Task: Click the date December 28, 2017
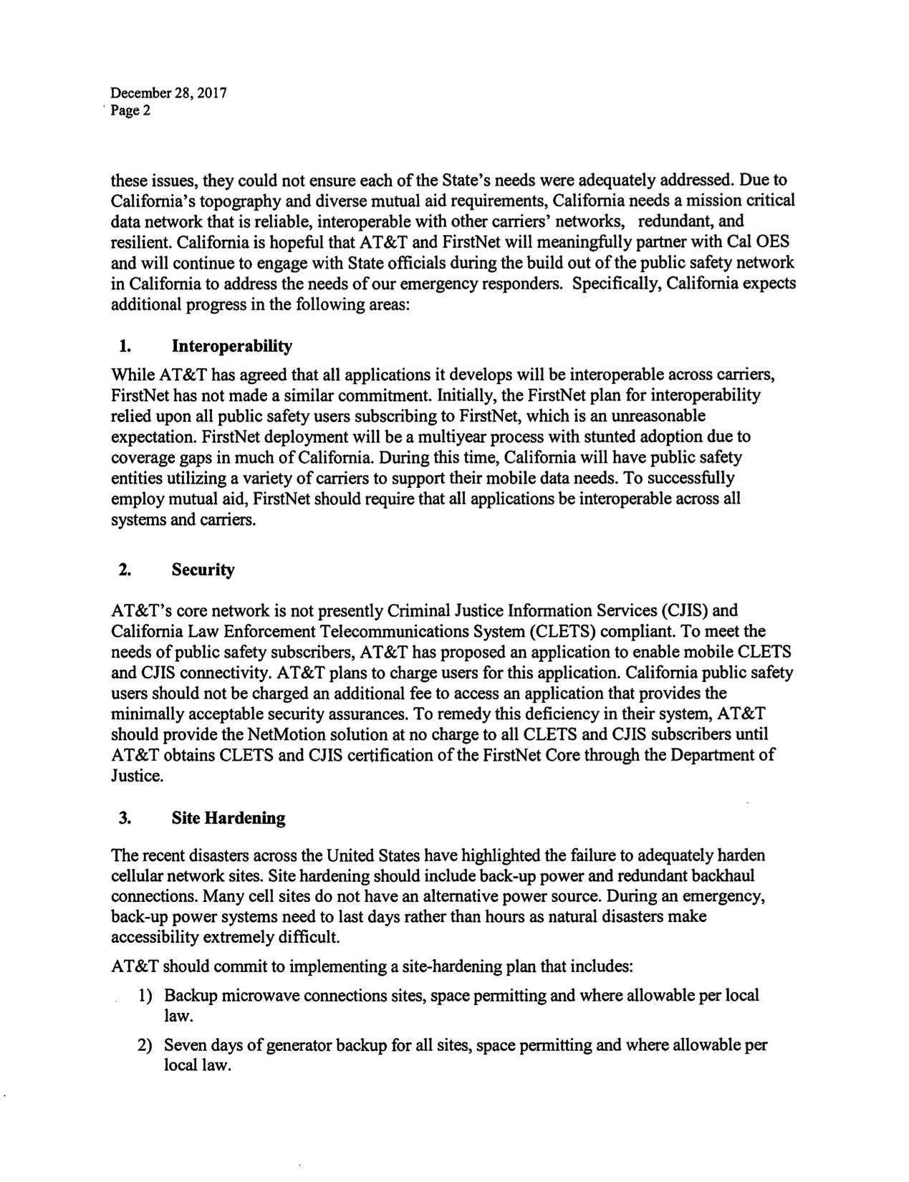coord(168,93)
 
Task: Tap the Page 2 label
coord(130,111)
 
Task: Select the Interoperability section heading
coord(232,347)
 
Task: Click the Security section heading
coord(203,570)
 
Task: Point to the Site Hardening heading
coord(229,818)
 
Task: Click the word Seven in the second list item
coord(183,1045)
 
